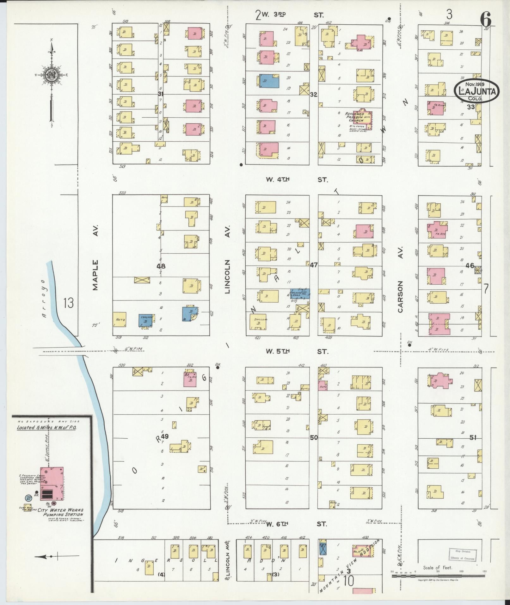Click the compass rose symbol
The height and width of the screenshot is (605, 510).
pyautogui.click(x=51, y=75)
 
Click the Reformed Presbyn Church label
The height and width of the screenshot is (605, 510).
pyautogui.click(x=355, y=117)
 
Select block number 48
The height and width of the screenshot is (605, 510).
pyautogui.click(x=161, y=266)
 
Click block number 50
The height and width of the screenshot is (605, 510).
pyautogui.click(x=314, y=437)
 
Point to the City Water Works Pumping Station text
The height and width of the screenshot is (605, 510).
pyautogui.click(x=60, y=512)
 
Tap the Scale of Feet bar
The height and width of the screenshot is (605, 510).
pyautogui.click(x=438, y=576)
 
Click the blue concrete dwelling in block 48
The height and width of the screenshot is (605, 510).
pyautogui.click(x=146, y=321)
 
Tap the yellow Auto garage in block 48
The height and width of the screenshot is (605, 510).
pyautogui.click(x=121, y=320)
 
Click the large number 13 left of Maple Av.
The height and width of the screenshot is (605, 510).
pyautogui.click(x=68, y=303)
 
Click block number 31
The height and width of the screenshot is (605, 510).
pyautogui.click(x=161, y=94)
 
